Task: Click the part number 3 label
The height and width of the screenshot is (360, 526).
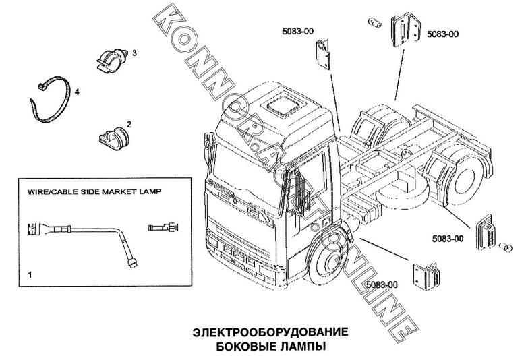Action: pos(135,53)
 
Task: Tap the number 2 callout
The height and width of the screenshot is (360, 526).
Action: pos(129,124)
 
